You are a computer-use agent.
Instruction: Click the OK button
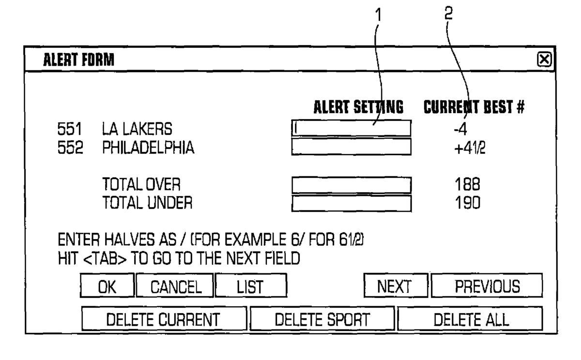(107, 285)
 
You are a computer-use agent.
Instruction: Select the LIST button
(251, 285)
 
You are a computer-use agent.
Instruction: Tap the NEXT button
(396, 285)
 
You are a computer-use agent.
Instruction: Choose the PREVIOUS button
(487, 285)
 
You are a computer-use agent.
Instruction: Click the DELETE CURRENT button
(164, 318)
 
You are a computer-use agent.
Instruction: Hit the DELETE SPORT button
(322, 318)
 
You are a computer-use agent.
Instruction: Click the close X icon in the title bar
(544, 60)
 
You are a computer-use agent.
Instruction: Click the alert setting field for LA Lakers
(351, 128)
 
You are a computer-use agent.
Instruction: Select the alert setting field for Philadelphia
(351, 147)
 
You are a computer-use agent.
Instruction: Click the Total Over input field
(351, 185)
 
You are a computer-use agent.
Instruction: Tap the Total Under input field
(351, 203)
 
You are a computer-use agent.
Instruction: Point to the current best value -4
(460, 129)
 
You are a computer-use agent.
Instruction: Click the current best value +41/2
(470, 148)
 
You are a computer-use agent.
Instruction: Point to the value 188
(467, 184)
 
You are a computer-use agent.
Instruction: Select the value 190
(468, 203)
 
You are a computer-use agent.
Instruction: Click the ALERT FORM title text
(78, 60)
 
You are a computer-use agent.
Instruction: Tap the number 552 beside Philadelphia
(70, 148)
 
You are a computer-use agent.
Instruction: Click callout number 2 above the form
(449, 13)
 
